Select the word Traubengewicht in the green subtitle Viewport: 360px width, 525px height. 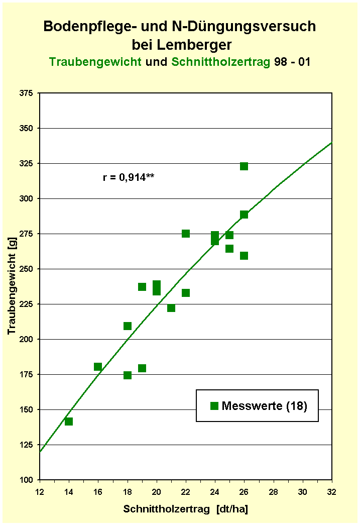point(95,62)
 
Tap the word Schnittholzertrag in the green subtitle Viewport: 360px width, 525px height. point(220,62)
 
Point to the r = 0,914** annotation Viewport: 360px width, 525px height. point(129,176)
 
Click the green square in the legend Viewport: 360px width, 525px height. point(214,406)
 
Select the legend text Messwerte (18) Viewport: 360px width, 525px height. point(264,406)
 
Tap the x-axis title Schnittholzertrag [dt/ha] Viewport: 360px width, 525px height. point(186,509)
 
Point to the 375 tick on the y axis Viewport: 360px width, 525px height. point(27,93)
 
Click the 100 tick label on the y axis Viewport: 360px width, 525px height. point(27,480)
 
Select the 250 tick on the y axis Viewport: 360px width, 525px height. point(27,269)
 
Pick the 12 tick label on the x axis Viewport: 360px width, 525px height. point(40,491)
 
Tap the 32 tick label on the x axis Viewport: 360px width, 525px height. point(332,491)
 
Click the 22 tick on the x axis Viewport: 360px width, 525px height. point(186,491)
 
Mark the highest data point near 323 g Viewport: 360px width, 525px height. point(244,166)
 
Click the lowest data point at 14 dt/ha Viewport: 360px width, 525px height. point(69,422)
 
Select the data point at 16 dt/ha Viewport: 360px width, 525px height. point(98,367)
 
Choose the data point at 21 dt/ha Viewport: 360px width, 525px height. point(171,308)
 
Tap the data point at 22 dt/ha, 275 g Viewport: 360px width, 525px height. point(186,234)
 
